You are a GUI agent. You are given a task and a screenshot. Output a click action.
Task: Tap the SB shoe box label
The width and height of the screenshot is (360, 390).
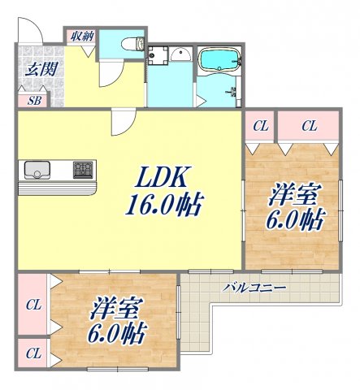click(34, 101)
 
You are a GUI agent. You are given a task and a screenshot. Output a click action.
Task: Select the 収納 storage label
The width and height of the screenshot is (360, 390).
click(81, 35)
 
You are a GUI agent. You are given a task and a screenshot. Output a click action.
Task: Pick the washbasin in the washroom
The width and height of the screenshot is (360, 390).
click(180, 54)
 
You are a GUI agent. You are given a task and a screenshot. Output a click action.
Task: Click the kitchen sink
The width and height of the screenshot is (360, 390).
click(37, 170)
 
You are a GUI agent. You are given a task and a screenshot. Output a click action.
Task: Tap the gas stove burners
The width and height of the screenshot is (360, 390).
click(84, 170)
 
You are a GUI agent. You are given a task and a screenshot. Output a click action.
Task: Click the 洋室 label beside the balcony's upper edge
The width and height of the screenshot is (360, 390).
click(293, 195)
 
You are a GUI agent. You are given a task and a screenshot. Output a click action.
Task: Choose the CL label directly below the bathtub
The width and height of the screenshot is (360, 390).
click(260, 125)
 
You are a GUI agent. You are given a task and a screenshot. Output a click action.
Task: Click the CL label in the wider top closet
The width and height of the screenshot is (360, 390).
click(309, 125)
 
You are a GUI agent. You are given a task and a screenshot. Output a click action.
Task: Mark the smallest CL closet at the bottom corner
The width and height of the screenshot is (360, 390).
click(33, 353)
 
